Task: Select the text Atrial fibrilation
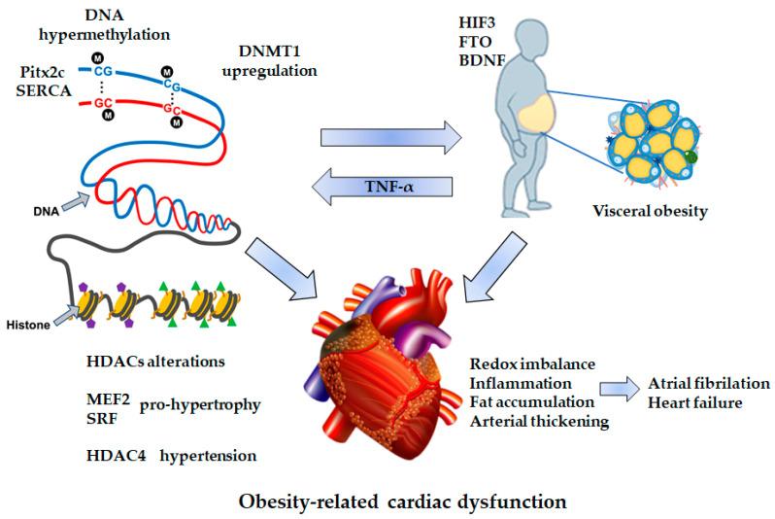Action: (710, 383)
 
